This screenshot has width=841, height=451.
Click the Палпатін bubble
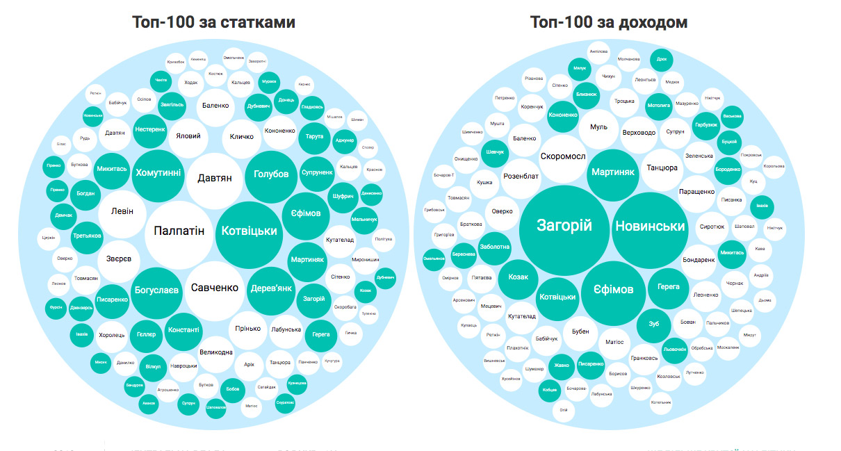click(179, 231)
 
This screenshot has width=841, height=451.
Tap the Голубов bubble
click(271, 174)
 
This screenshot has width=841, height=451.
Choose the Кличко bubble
click(241, 137)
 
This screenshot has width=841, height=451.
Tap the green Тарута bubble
click(314, 137)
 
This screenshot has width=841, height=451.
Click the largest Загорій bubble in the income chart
click(564, 225)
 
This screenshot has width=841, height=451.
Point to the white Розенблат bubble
click(521, 177)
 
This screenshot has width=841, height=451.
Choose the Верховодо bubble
click(639, 132)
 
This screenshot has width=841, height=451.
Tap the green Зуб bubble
click(654, 324)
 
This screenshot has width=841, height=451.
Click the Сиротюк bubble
click(712, 227)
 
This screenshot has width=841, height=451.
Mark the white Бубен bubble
click(580, 331)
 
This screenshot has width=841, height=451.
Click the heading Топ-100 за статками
click(214, 22)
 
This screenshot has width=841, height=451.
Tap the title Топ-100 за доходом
click(609, 22)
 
